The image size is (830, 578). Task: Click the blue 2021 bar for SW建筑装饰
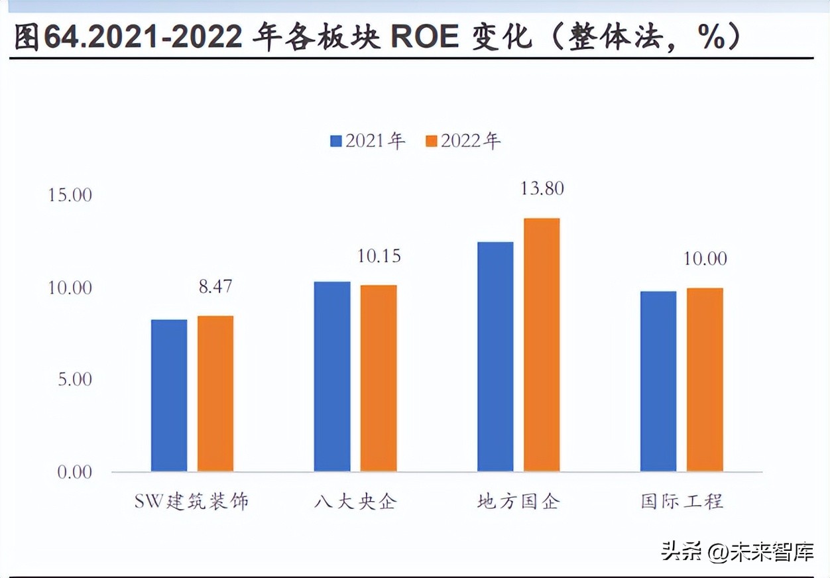169,396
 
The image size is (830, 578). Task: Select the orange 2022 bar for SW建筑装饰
215,394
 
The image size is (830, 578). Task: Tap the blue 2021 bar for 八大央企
332,376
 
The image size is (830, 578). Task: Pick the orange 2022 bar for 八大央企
379,378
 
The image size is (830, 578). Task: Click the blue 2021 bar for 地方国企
495,357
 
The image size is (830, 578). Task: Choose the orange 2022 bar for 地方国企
542,345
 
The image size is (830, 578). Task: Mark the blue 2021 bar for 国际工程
658,381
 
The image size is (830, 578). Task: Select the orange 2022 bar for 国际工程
705,380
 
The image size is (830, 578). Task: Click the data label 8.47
215,287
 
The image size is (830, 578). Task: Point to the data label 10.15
379,256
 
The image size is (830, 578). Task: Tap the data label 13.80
542,189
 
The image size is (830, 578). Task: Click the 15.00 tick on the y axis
70,196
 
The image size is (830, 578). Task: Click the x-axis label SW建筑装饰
192,501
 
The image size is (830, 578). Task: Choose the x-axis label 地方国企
518,501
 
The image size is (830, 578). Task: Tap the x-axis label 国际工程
682,501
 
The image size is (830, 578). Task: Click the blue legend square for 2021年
336,141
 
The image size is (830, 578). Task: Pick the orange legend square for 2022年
432,141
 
